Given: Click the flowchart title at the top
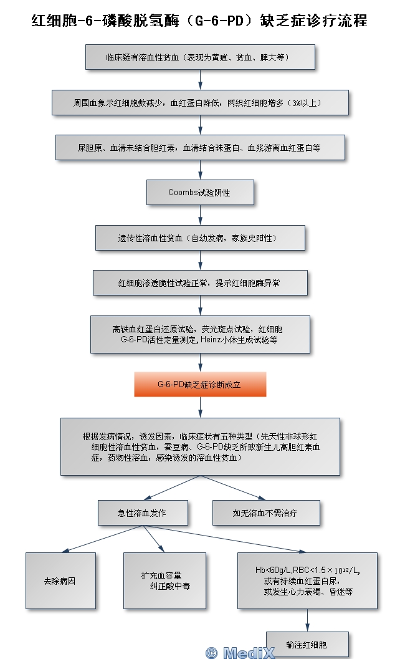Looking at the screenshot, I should pos(199,21).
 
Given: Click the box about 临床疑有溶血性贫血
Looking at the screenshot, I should pos(199,57).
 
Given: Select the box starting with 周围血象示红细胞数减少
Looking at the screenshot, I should pos(199,102).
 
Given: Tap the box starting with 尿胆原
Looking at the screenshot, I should pos(199,148).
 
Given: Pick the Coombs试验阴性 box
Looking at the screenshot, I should pos(199,193).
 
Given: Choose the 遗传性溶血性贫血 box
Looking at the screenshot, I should pos(199,238).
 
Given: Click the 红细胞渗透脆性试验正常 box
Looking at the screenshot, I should pos(199,283).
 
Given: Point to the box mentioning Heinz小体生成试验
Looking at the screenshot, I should pos(199,335).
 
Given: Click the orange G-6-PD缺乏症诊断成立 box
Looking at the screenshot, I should pos(199,385).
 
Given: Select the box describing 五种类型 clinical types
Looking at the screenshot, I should pos(199,446).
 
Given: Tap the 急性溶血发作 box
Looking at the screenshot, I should pos(143,513).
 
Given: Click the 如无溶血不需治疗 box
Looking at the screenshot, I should pos(266,513).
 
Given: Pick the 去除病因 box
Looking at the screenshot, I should pos(60,581).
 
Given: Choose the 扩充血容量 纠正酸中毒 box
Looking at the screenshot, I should pos(164,581).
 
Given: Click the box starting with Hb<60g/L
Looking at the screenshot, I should pos(307,581).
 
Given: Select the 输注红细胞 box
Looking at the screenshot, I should pos(307,644).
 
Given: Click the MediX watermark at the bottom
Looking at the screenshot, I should pos(239,652).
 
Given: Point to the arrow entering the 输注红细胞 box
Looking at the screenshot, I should pos(307,620).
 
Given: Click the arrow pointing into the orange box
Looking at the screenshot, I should pos(200,363).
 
